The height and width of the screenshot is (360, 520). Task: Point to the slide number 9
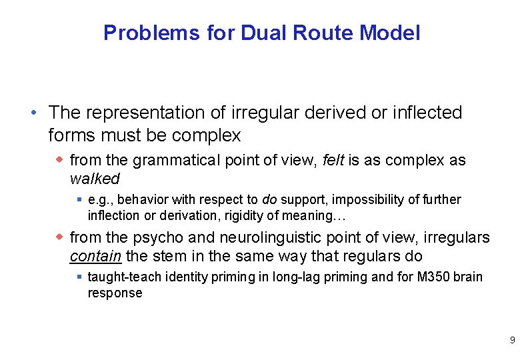point(511,340)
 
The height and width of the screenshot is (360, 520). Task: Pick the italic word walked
point(94,179)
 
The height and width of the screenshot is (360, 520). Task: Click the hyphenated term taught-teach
point(125,277)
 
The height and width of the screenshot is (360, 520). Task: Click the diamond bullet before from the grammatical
point(60,160)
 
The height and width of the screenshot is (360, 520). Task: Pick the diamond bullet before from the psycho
point(60,237)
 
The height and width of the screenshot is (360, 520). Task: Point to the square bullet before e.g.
point(79,199)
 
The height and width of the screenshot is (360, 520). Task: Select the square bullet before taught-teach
point(79,277)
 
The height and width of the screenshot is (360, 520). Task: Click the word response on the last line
point(115,293)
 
